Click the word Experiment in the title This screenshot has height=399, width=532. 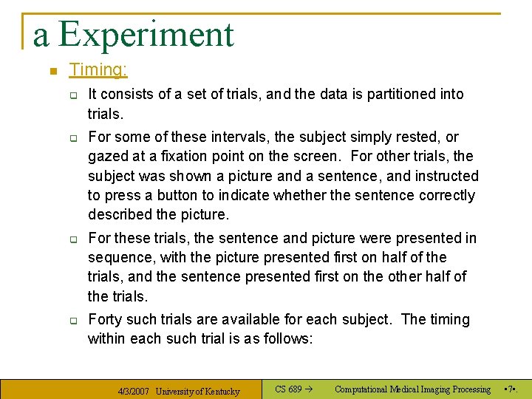(x=146, y=35)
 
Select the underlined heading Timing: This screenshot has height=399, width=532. (x=98, y=70)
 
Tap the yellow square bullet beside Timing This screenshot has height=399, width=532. (x=52, y=72)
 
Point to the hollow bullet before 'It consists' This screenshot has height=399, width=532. (x=74, y=95)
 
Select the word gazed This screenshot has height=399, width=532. (x=106, y=157)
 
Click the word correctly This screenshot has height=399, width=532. (x=442, y=196)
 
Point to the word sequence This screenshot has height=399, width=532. (x=118, y=257)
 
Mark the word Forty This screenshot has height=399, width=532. (x=106, y=319)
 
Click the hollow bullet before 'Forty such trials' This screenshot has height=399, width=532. (x=74, y=321)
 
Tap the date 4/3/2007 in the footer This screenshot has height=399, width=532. (x=134, y=392)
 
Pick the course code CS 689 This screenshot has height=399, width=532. (x=288, y=389)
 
